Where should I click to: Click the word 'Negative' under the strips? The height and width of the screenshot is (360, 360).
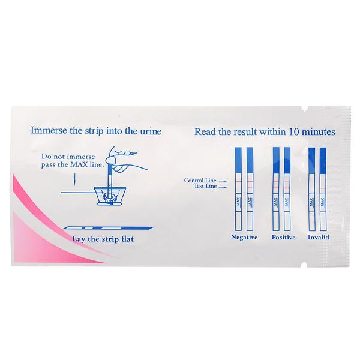point(244,237)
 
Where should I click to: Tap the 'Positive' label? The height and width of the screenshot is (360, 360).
point(284,237)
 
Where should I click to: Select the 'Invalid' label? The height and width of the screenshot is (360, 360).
point(319,237)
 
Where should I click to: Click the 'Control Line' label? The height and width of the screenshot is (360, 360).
point(200,180)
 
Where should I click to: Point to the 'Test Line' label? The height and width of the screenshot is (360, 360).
point(205,186)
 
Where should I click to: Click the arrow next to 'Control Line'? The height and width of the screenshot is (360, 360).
point(223,181)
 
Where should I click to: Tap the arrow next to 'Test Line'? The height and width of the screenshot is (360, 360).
point(223,187)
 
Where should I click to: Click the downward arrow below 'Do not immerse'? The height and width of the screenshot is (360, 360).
point(74,179)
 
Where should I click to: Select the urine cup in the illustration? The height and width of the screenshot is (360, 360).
point(110,196)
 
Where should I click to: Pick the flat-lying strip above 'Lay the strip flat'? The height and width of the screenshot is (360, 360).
point(108,228)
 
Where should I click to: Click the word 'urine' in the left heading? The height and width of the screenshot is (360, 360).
point(151,131)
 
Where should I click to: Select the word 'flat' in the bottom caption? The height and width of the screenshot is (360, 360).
point(127,239)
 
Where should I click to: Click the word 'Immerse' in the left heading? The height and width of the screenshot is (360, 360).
point(49,130)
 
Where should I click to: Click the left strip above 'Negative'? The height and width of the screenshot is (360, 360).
point(238,189)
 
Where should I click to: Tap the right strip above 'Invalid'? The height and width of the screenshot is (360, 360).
point(323,189)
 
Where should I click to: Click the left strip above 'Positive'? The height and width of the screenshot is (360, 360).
point(276,189)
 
